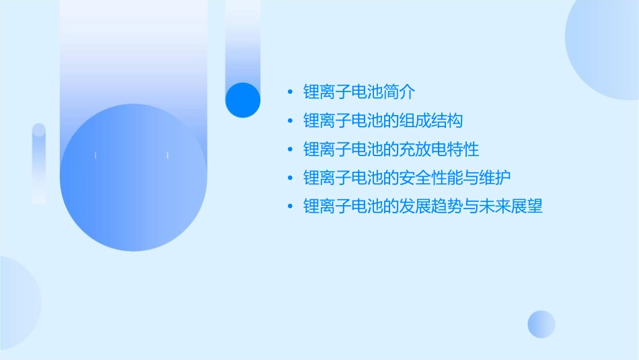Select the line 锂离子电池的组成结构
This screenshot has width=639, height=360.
tap(383, 120)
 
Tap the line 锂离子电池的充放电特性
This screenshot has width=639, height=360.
tap(391, 149)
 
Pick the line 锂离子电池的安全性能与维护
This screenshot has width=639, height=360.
tap(407, 178)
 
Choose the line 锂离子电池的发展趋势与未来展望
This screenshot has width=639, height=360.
tap(422, 206)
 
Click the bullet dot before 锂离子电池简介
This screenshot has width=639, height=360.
tap(290, 92)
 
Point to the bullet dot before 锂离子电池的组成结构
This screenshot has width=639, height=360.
tap(290, 121)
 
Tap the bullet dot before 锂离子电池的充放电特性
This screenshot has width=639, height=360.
tap(290, 149)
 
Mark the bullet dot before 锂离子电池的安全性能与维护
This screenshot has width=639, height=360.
tap(290, 178)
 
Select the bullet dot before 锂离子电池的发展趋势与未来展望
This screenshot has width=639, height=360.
tap(290, 207)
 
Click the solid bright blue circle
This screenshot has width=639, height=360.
tap(242, 100)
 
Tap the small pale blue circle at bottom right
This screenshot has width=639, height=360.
tap(541, 324)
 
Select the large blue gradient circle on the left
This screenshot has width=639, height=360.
tap(133, 178)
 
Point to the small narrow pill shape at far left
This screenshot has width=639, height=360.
tap(39, 164)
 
